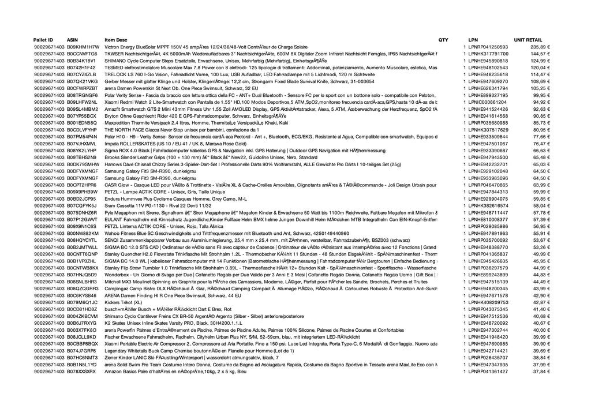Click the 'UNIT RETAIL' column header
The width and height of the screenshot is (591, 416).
[528, 40]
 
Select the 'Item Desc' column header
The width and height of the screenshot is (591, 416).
[116, 40]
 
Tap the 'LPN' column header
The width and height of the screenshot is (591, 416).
[473, 40]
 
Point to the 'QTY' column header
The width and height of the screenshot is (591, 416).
[443, 40]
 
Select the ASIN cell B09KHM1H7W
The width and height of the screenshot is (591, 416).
[83, 47]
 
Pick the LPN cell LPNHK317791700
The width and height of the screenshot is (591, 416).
[488, 54]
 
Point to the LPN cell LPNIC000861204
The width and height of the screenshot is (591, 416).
[488, 102]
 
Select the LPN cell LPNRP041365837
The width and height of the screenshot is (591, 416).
[488, 253]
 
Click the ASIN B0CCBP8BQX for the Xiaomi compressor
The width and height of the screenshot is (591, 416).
[83, 343]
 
